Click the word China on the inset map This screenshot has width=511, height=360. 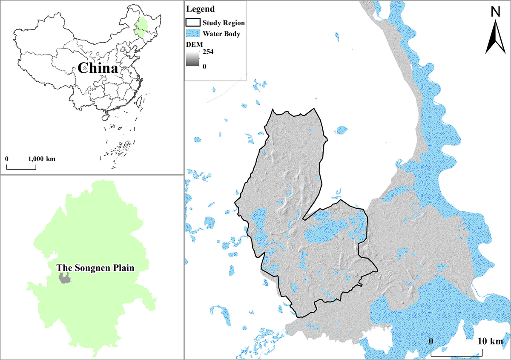[x=98, y=69]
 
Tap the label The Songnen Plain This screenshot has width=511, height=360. [x=96, y=268]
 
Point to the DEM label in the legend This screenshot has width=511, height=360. [x=193, y=44]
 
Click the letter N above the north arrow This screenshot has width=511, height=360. [x=495, y=13]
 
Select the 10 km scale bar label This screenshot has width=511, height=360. [x=490, y=342]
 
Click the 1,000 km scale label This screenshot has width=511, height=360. [x=42, y=158]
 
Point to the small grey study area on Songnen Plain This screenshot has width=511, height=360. [x=65, y=279]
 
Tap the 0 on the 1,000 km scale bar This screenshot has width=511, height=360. [x=7, y=158]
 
